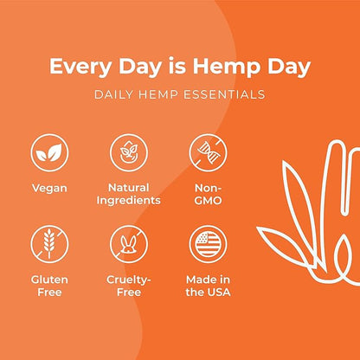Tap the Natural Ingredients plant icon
pyautogui.click(x=129, y=152)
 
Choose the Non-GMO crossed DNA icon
pyautogui.click(x=207, y=152)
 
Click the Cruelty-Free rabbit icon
pyautogui.click(x=129, y=243)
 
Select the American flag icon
pyautogui.click(x=207, y=243)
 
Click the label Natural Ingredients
pyautogui.click(x=129, y=193)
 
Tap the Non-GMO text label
pyautogui.click(x=207, y=193)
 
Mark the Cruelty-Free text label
pyautogui.click(x=129, y=286)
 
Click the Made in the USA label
pyautogui.click(x=207, y=286)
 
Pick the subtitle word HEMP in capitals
pyautogui.click(x=163, y=93)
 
